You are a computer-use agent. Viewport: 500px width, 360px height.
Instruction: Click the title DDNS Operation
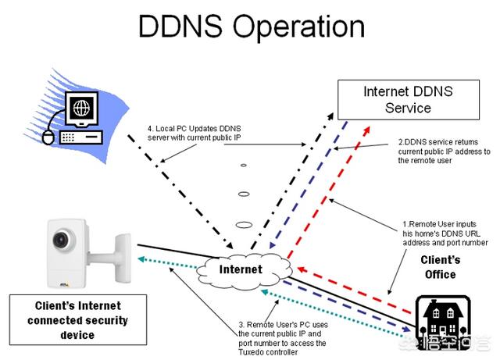(251, 27)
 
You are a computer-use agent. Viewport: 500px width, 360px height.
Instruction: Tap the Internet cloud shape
(239, 269)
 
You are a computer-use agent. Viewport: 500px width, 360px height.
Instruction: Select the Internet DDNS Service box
(407, 100)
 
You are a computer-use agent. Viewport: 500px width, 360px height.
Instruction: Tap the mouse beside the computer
(48, 137)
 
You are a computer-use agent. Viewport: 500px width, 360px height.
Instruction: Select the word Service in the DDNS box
(408, 109)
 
